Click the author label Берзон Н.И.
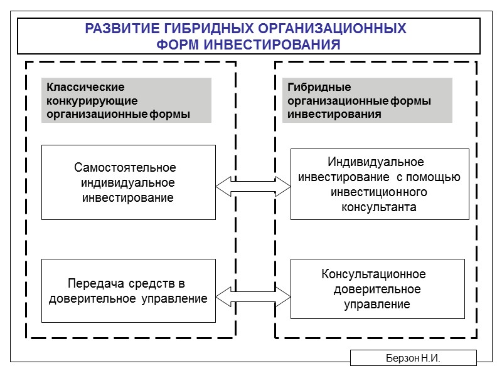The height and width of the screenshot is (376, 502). pyautogui.click(x=413, y=358)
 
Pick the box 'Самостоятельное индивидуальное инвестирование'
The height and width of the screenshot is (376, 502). pyautogui.click(x=129, y=182)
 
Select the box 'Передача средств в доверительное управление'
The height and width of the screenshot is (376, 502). pyautogui.click(x=129, y=291)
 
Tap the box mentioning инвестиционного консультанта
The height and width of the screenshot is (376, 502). pyautogui.click(x=380, y=184)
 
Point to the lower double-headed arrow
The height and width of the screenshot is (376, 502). pyautogui.click(x=254, y=293)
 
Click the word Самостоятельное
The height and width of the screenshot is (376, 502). pyautogui.click(x=125, y=168)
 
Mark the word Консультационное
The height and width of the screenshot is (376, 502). pyautogui.click(x=373, y=274)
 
